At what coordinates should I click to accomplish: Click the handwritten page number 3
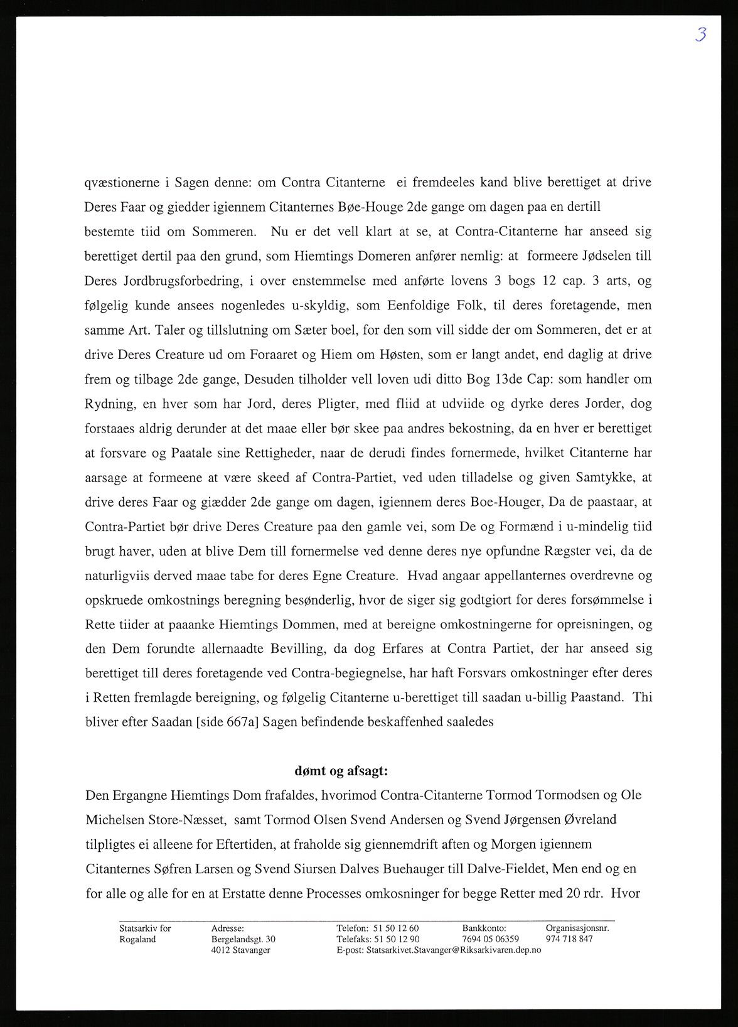(700, 35)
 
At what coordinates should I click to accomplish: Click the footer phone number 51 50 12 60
(396, 928)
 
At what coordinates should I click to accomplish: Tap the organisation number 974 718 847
(569, 939)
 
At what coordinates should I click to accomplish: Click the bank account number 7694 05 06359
(491, 939)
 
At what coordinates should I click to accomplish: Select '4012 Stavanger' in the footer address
(241, 950)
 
